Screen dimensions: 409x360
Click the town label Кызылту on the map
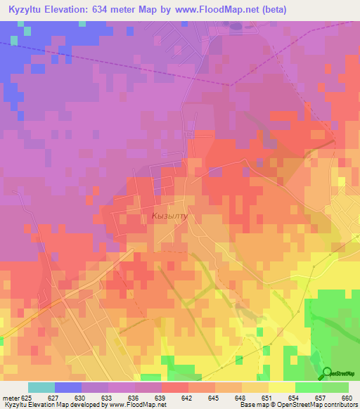click(169, 217)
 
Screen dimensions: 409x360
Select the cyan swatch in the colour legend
click(41, 387)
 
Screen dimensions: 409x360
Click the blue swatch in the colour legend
click(67, 387)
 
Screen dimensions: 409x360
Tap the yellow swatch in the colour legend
click(281, 387)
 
